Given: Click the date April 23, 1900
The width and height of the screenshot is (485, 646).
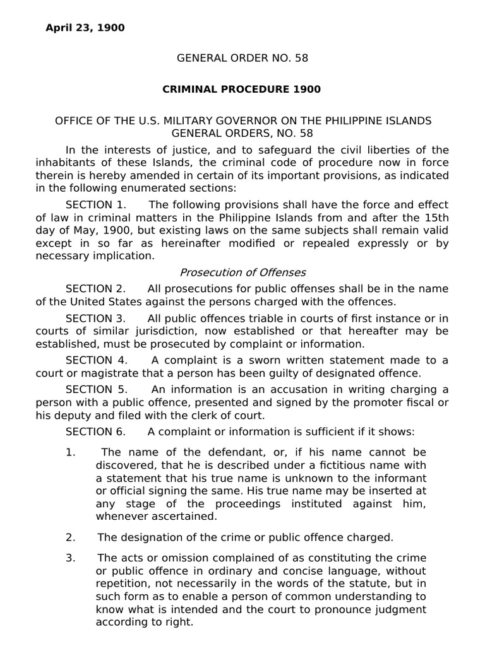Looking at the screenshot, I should click(85, 28).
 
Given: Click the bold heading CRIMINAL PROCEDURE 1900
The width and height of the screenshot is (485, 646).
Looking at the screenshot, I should click(242, 89).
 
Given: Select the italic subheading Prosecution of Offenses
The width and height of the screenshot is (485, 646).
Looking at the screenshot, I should click(242, 273).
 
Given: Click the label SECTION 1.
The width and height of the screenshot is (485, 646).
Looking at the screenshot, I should click(96, 205).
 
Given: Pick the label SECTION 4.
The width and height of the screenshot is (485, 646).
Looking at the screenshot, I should click(97, 360).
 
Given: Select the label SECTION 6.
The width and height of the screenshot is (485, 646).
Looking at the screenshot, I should click(96, 432).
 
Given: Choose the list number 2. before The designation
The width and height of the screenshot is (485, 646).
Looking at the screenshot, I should click(71, 537).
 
